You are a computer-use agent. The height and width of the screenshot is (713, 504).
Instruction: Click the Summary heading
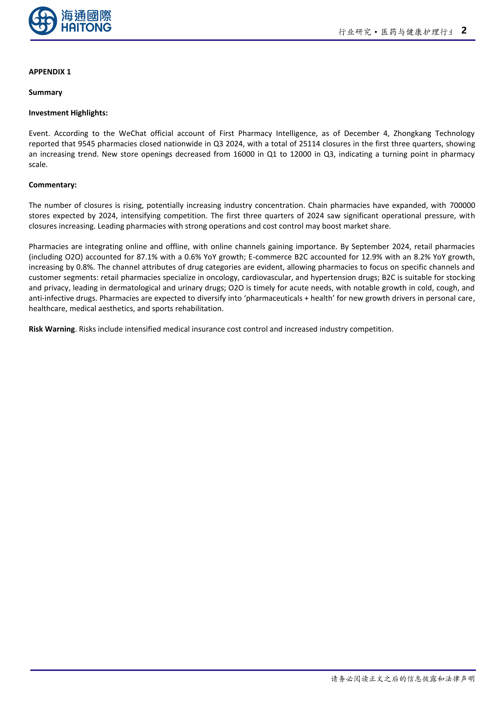[x=45, y=92]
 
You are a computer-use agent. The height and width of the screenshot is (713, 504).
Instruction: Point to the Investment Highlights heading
[x=68, y=113]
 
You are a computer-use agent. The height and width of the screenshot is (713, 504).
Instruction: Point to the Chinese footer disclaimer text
[x=403, y=679]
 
